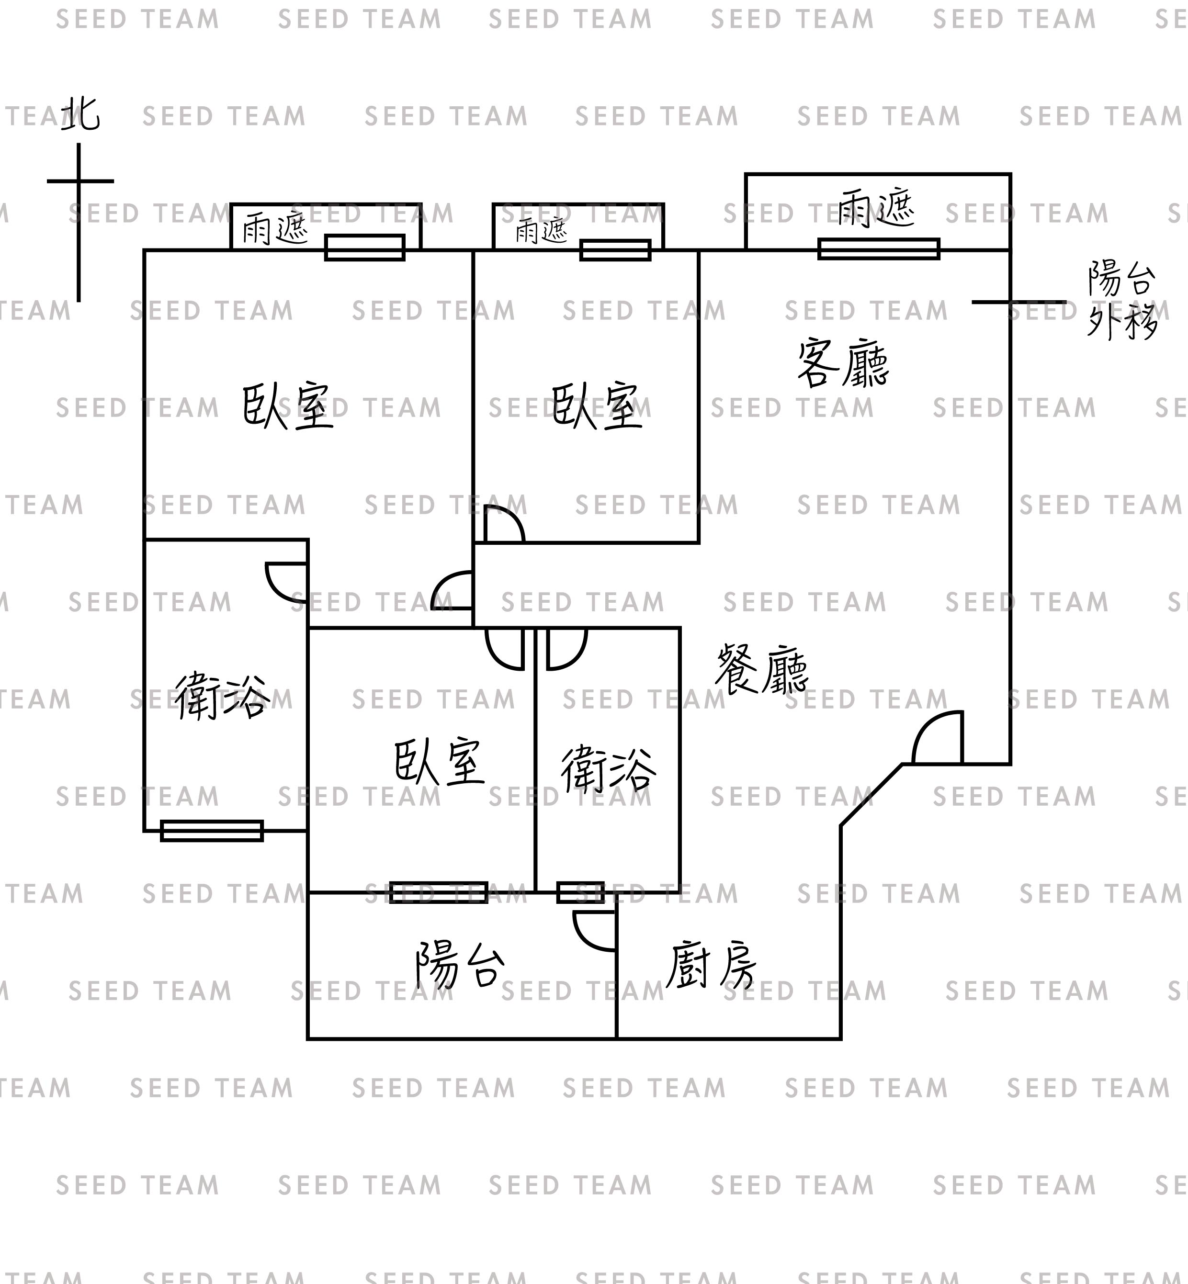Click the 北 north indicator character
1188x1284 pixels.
click(81, 114)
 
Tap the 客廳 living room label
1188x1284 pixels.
click(843, 364)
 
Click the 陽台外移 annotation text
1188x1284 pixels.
click(1122, 300)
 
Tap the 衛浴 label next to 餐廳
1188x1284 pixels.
click(608, 769)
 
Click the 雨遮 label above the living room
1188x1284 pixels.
click(876, 208)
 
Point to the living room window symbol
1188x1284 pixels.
click(878, 248)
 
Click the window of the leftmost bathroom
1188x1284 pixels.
click(212, 831)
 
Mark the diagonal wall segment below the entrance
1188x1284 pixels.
click(871, 795)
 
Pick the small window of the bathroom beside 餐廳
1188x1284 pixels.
click(580, 893)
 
